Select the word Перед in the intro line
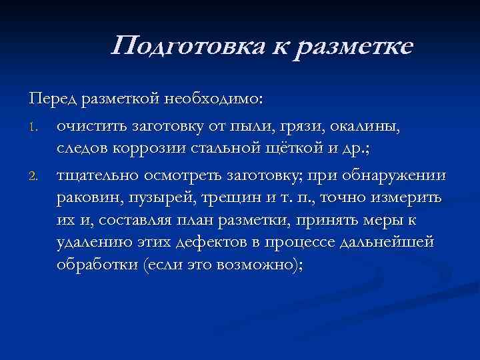coord(53,99)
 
